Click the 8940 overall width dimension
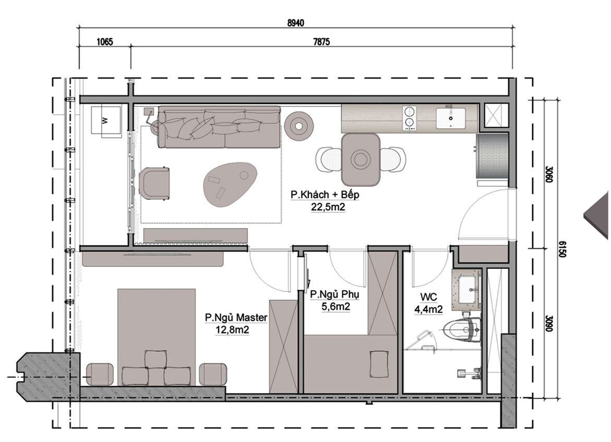[295, 23]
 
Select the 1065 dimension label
[104, 41]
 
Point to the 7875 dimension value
[321, 41]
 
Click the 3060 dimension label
[549, 175]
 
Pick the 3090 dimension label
[549, 323]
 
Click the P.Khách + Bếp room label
[325, 194]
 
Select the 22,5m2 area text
[328, 207]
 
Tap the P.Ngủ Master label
[236, 318]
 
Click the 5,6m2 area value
[336, 307]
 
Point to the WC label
[428, 297]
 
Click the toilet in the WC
[462, 328]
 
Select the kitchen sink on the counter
[450, 118]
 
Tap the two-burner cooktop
[409, 118]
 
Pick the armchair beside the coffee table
[154, 183]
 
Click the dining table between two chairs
[361, 159]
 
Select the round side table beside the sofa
[299, 125]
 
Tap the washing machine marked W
[105, 121]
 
